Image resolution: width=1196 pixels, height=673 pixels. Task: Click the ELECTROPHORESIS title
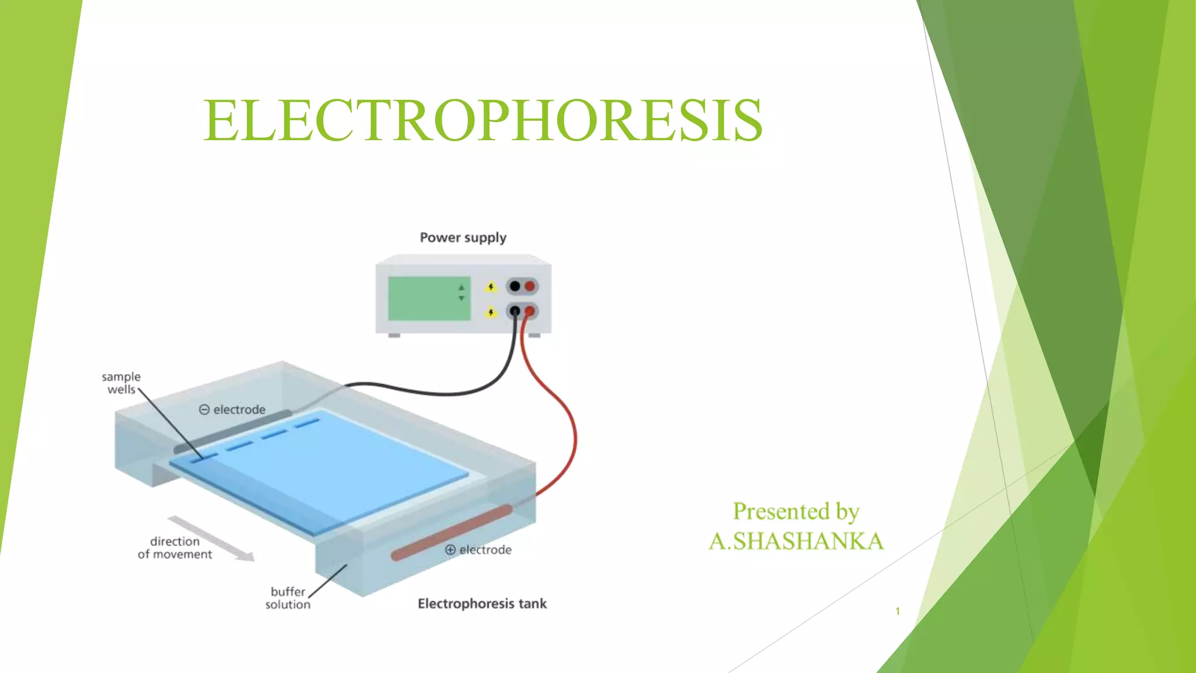point(482,121)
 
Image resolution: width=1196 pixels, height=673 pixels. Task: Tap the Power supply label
point(463,238)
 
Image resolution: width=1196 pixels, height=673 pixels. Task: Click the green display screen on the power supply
point(429,299)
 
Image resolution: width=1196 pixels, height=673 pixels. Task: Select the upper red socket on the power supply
point(530,286)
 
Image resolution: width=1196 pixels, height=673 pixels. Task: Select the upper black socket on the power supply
point(514,286)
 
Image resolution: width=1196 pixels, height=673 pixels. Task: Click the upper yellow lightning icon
point(491,287)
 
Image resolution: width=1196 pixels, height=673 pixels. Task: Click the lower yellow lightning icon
point(491,312)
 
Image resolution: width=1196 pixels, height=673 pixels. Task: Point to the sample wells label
point(121,383)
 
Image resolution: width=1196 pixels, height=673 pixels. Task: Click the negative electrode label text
point(232,410)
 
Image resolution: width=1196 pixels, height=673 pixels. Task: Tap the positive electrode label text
point(478,550)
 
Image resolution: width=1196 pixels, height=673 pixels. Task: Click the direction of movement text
point(175,548)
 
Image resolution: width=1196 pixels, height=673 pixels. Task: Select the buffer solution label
point(287,598)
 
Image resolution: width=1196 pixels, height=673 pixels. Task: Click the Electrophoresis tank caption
point(482,603)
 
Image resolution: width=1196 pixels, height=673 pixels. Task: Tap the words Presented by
point(796,512)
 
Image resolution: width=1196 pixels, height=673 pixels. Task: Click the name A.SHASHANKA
point(796,541)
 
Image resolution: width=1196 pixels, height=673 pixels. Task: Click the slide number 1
point(898,611)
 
